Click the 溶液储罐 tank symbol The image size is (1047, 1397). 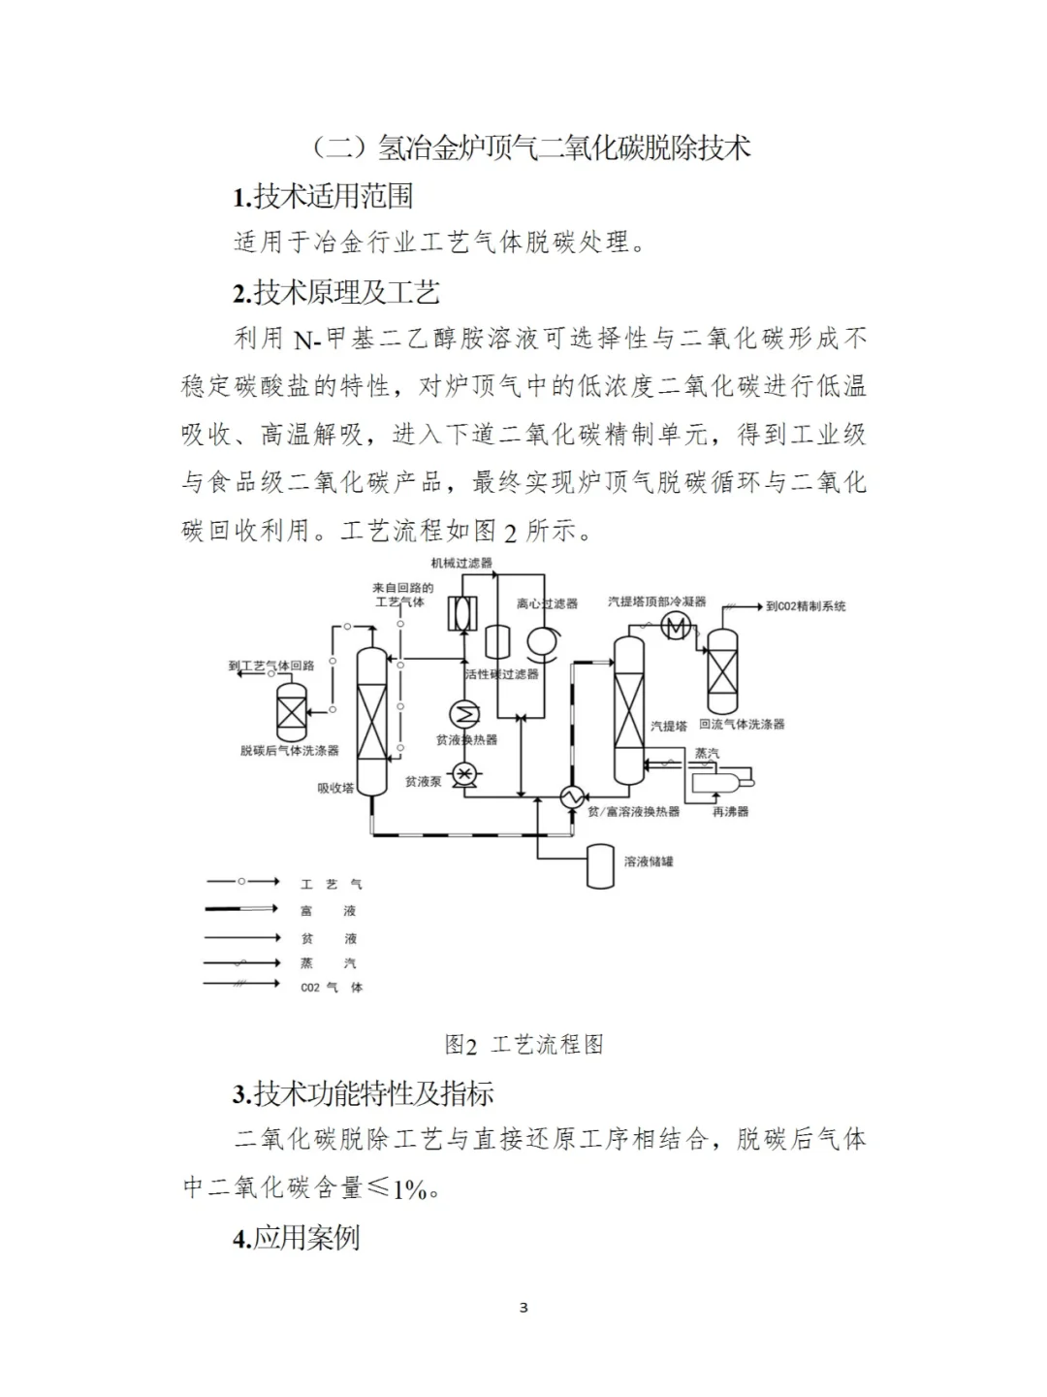pyautogui.click(x=601, y=866)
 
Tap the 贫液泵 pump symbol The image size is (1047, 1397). pyautogui.click(x=465, y=773)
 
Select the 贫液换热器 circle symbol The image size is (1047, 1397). pyautogui.click(x=466, y=715)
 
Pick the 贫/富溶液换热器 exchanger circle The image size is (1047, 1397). pyautogui.click(x=569, y=796)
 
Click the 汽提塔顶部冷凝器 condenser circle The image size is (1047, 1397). pyautogui.click(x=677, y=628)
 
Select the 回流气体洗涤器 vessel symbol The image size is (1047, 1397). pyautogui.click(x=721, y=670)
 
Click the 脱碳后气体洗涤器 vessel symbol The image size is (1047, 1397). pyautogui.click(x=291, y=712)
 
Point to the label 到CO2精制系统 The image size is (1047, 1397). pyautogui.click(x=805, y=606)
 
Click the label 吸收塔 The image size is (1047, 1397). pyautogui.click(x=336, y=789)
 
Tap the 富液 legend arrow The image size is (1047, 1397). pyautogui.click(x=242, y=910)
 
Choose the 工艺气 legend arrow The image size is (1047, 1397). pyautogui.click(x=242, y=882)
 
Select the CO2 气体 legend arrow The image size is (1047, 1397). pyautogui.click(x=242, y=986)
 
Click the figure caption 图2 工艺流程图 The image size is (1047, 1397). pyautogui.click(x=523, y=1044)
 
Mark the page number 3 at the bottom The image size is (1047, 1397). pyautogui.click(x=523, y=1308)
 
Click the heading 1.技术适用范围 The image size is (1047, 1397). pyautogui.click(x=323, y=196)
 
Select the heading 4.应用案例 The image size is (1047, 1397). pyautogui.click(x=296, y=1238)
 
